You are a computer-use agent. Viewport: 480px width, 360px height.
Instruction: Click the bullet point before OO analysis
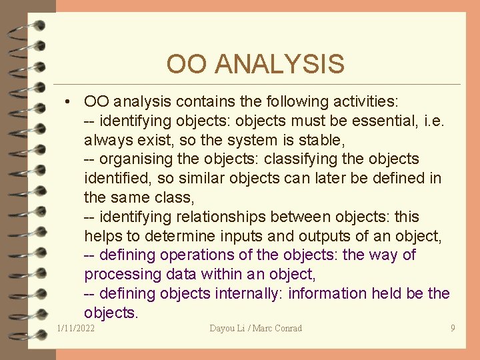point(69,102)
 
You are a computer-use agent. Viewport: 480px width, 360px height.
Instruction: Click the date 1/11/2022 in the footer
point(76,328)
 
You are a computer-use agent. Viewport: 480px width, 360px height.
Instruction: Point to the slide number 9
point(453,328)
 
